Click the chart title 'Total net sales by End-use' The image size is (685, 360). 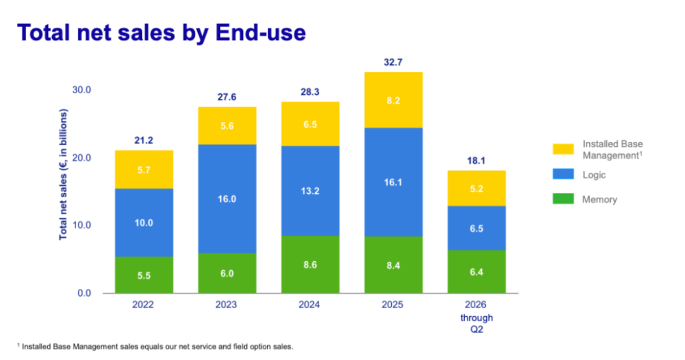pyautogui.click(x=162, y=33)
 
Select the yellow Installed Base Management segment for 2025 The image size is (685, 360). pyautogui.click(x=393, y=100)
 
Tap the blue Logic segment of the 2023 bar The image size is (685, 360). pyautogui.click(x=226, y=198)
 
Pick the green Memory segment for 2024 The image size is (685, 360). pyautogui.click(x=310, y=264)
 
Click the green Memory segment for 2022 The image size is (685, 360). pyautogui.click(x=144, y=275)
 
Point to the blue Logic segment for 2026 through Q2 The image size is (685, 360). pyautogui.click(x=476, y=228)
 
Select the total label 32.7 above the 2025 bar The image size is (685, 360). pyautogui.click(x=393, y=62)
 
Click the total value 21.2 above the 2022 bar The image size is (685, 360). pyautogui.click(x=144, y=141)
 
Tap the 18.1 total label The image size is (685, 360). pyautogui.click(x=476, y=160)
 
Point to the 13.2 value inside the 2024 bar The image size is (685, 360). pyautogui.click(x=310, y=191)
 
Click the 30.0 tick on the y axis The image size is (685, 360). pyautogui.click(x=82, y=90)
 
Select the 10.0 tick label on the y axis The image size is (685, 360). pyautogui.click(x=82, y=225)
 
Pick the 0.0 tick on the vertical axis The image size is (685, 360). pyautogui.click(x=84, y=293)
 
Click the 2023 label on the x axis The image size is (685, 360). pyautogui.click(x=226, y=305)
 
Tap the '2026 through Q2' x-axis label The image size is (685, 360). pyautogui.click(x=476, y=317)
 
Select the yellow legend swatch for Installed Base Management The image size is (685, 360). pyautogui.click(x=563, y=149)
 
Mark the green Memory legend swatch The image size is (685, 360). pyautogui.click(x=563, y=199)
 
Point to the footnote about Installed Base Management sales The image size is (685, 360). pyautogui.click(x=155, y=347)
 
